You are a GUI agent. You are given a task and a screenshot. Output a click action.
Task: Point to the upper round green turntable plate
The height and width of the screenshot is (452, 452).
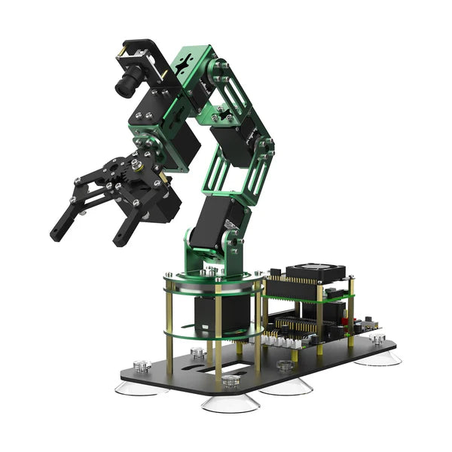pyautogui.click(x=215, y=282)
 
